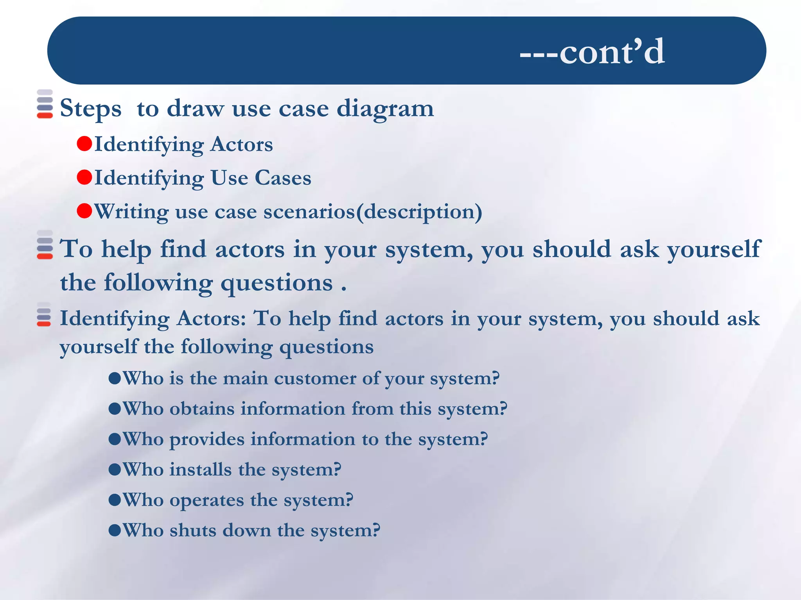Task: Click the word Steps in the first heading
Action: pyautogui.click(x=90, y=109)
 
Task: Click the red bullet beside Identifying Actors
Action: pyautogui.click(x=84, y=144)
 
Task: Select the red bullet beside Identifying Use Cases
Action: pyautogui.click(x=84, y=177)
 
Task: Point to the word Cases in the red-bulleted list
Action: pyautogui.click(x=283, y=178)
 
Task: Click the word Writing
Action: pyautogui.click(x=131, y=212)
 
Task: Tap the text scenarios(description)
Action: pyautogui.click(x=372, y=212)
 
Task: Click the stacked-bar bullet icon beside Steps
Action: pyautogui.click(x=45, y=104)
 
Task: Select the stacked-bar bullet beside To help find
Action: pyautogui.click(x=45, y=245)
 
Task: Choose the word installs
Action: pyautogui.click(x=200, y=470)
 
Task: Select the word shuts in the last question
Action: pyautogui.click(x=192, y=530)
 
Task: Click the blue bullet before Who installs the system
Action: pyautogui.click(x=115, y=470)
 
